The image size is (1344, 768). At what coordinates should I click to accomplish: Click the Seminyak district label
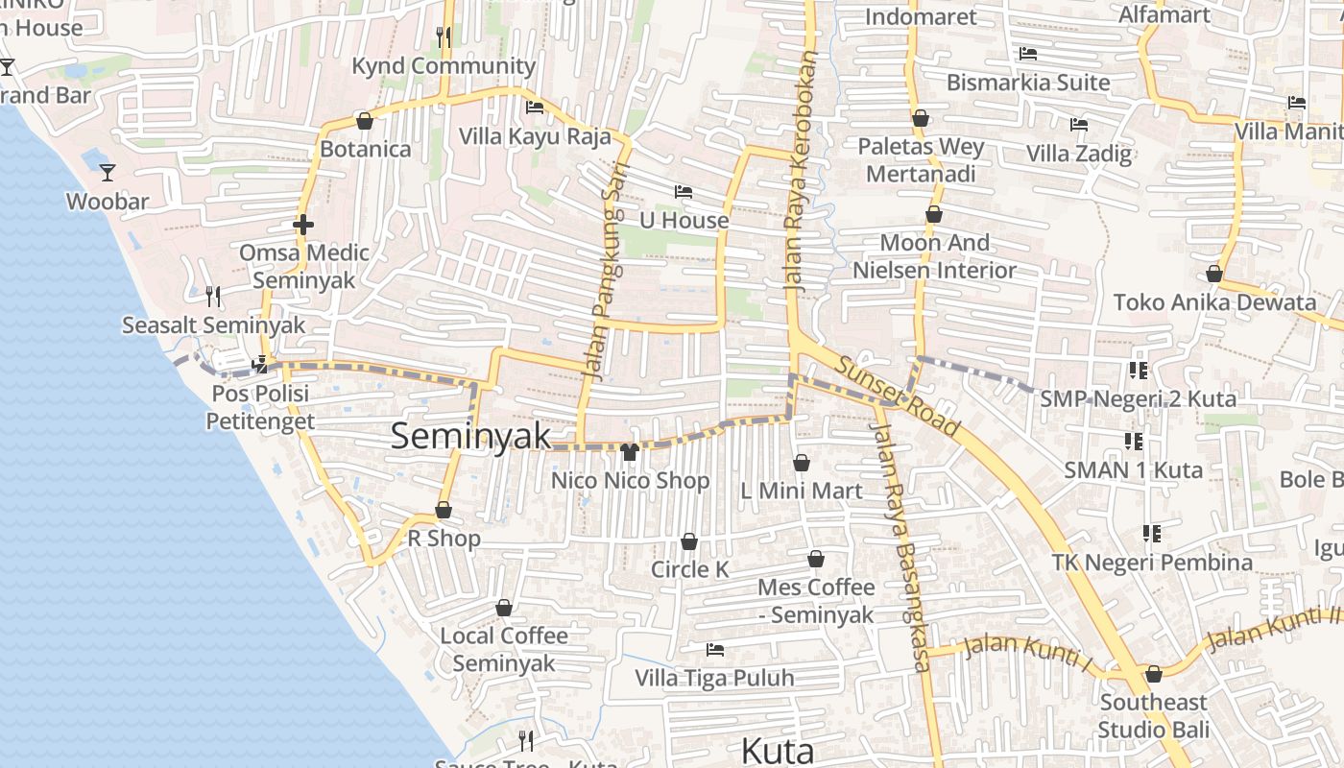pos(470,436)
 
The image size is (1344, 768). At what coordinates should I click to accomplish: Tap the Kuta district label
pos(778,750)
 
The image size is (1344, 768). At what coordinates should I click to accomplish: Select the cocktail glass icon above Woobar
pos(108,173)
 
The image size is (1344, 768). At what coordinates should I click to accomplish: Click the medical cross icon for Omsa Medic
pos(303,226)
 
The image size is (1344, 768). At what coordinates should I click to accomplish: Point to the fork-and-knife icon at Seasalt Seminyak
pos(213,297)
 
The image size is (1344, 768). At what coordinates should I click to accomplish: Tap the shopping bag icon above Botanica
pos(365,121)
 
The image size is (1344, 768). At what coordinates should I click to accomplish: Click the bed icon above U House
pos(684,192)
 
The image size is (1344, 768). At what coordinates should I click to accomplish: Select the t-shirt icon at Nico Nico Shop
pos(630,452)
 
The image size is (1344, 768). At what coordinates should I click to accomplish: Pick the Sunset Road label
pos(898,396)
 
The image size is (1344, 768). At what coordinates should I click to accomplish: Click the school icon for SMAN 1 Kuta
pos(1134,442)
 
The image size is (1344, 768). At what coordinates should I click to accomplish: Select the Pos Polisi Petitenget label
pos(259,408)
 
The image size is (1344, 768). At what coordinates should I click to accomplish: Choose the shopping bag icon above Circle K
pos(689,542)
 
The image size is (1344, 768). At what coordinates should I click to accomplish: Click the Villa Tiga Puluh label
pos(714,678)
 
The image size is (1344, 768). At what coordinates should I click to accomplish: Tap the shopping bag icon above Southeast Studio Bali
pos(1154,674)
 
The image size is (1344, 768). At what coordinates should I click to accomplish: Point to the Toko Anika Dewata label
pos(1214,302)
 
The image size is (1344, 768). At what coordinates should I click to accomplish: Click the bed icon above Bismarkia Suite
pos(1028,54)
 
